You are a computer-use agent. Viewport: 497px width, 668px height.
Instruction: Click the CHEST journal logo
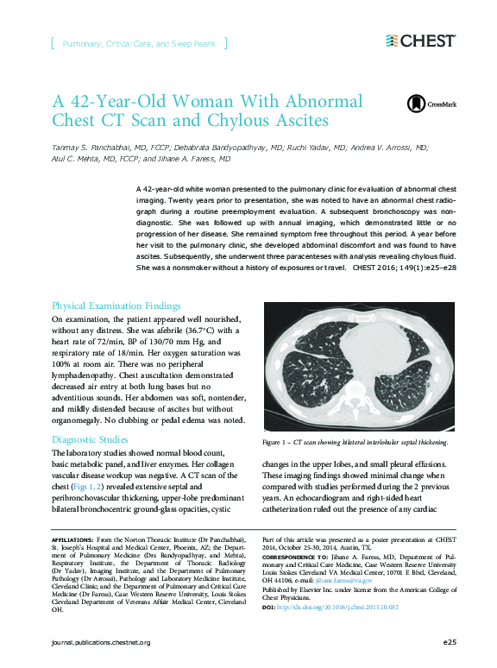(x=420, y=41)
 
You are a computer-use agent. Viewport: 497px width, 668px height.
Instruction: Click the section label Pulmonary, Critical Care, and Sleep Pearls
(x=138, y=42)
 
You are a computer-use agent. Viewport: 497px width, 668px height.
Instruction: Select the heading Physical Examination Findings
(x=116, y=306)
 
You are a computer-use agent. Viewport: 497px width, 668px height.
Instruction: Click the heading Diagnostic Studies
(x=90, y=439)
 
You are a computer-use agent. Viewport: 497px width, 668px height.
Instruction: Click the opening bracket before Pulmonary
(x=53, y=42)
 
